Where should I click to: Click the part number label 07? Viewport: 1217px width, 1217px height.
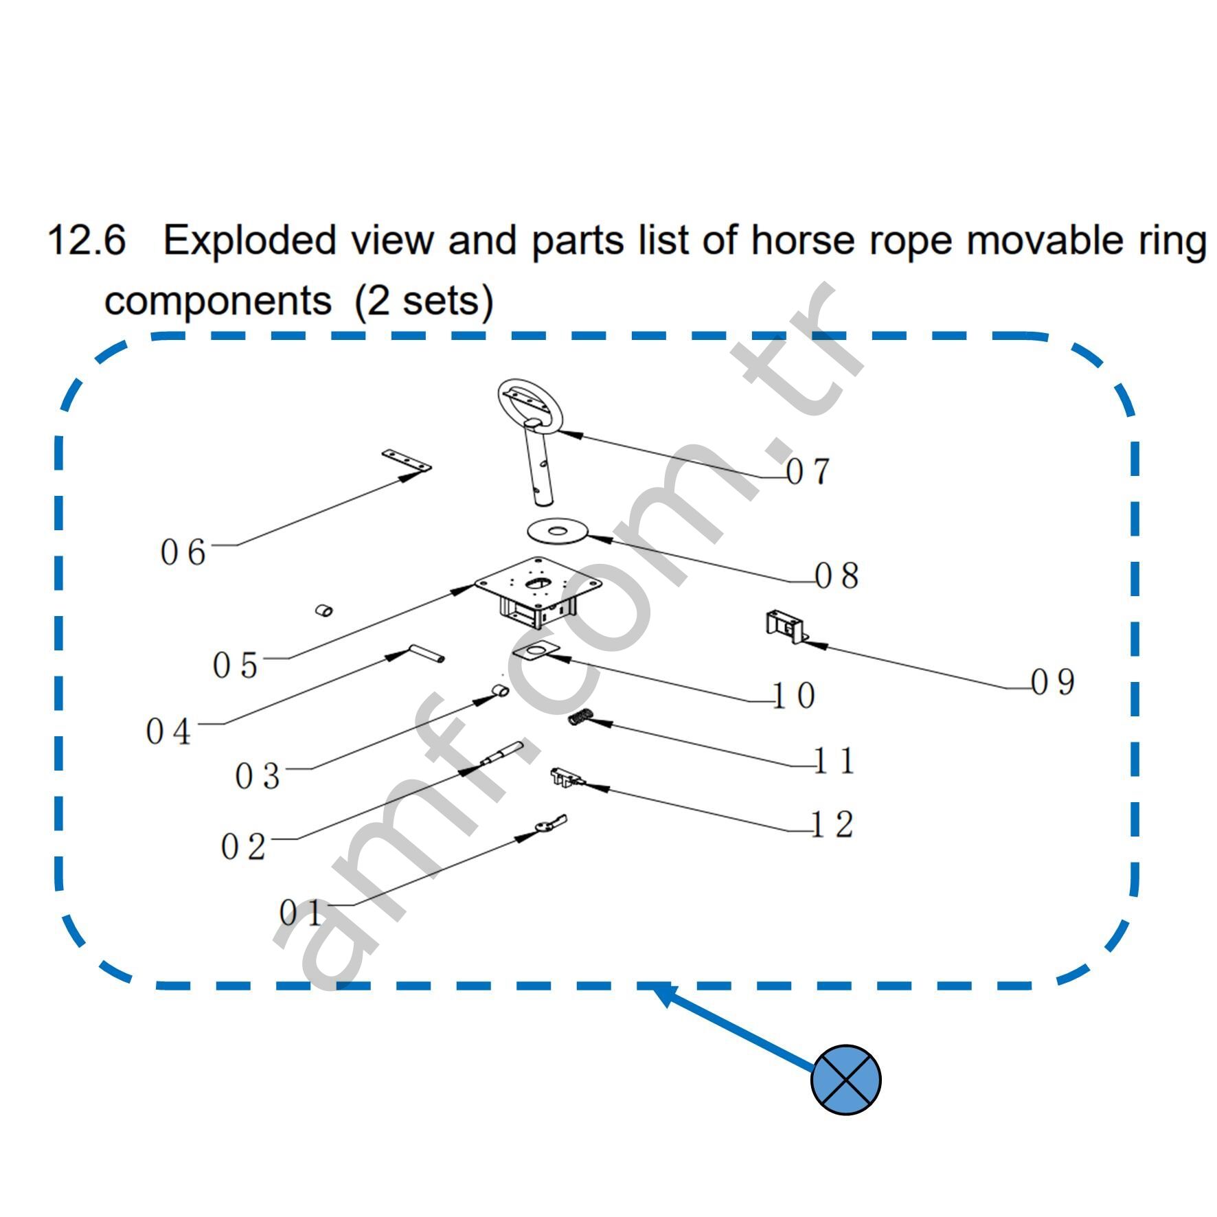point(808,472)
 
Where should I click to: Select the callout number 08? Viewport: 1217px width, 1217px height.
point(837,575)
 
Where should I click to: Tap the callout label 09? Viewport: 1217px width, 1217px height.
point(1053,682)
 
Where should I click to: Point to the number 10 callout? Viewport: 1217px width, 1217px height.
point(794,696)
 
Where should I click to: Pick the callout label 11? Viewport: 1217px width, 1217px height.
point(834,760)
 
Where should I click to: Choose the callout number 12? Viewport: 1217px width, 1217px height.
point(832,824)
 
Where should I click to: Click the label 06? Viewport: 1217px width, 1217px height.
point(183,552)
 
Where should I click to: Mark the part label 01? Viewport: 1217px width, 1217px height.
point(300,913)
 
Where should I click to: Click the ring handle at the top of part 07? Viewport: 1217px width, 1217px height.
point(530,405)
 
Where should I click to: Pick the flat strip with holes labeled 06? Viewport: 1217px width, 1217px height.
point(406,461)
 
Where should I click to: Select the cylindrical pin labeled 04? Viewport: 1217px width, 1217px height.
point(426,653)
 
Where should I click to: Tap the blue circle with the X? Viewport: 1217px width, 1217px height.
point(845,1080)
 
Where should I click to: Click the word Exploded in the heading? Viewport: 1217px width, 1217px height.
point(250,240)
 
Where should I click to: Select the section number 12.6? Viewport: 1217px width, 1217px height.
point(87,240)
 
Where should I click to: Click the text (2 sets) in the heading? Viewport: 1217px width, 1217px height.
point(424,301)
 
